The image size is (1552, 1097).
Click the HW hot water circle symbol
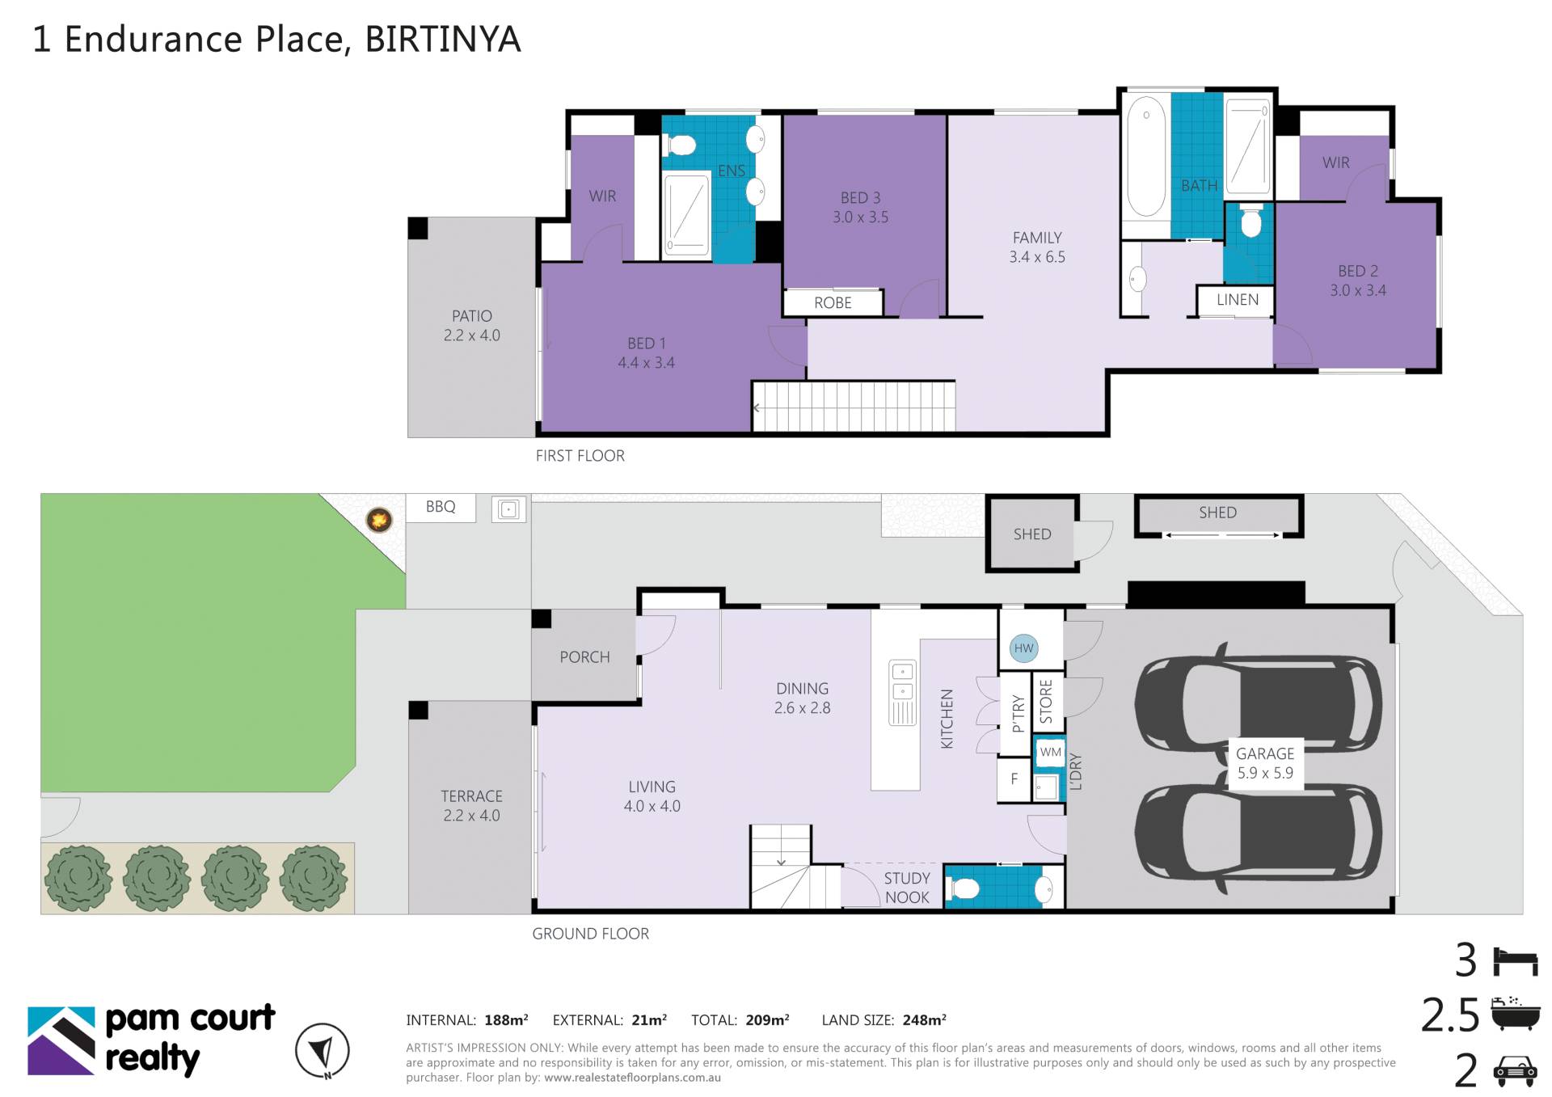pos(1023,648)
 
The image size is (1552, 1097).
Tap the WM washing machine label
pos(1050,753)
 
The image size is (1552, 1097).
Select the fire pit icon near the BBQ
pos(379,520)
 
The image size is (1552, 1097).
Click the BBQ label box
pos(441,507)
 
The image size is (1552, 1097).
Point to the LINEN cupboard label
pos(1237,300)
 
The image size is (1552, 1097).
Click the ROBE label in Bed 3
pos(833,303)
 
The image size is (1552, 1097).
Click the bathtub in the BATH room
pos(1146,157)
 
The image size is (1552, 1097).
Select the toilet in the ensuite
pos(681,146)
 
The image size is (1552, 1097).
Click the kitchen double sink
pos(903,693)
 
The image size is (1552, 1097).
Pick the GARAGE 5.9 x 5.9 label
pos(1265,763)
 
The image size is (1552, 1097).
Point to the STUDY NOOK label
pos(907,888)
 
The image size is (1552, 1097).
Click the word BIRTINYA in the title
pos(443,39)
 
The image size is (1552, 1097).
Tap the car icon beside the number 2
pos(1514,1070)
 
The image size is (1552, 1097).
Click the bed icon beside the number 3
pos(1515,962)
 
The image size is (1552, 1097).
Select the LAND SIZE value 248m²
pos(924,1020)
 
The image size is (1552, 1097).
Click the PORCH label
pos(584,657)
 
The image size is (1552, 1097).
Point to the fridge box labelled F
pos(1014,779)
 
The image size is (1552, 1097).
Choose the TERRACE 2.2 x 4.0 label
pos(471,806)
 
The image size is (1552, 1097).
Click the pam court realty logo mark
pos(61,1041)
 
